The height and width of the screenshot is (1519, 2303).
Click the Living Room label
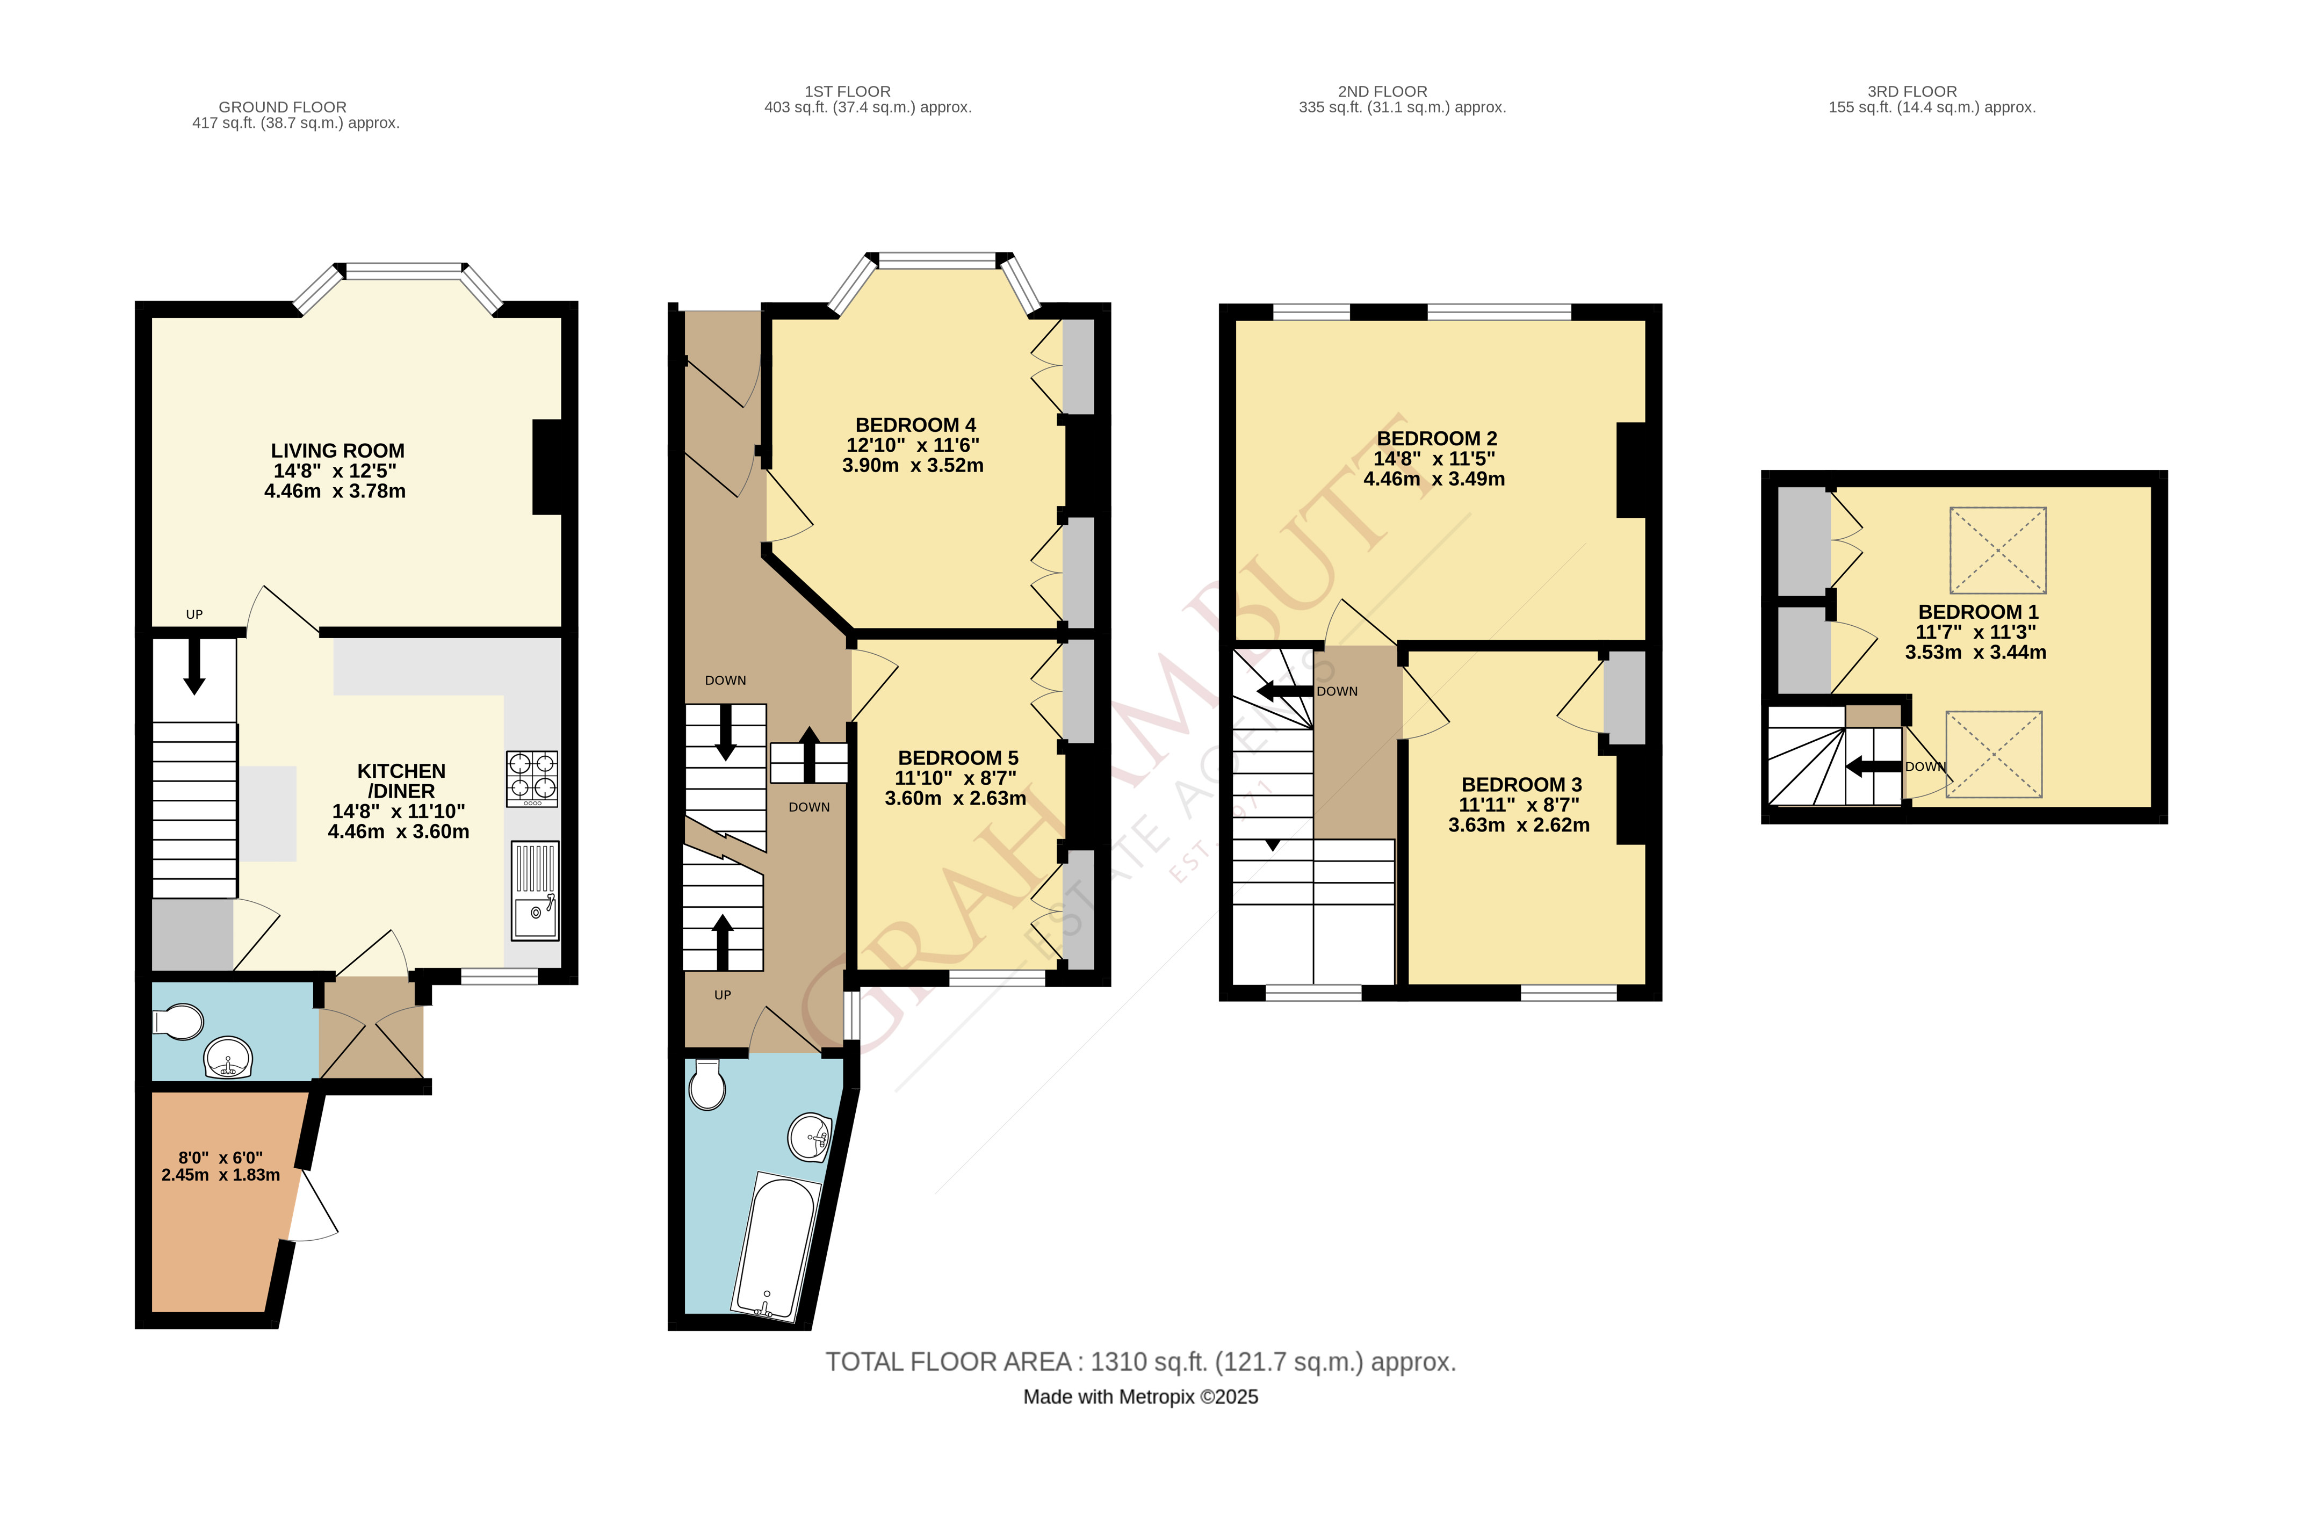click(337, 451)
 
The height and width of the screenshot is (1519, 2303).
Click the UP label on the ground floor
click(194, 614)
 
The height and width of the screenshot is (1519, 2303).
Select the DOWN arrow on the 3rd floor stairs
click(1872, 767)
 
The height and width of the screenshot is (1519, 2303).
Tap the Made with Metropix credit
click(1140, 1397)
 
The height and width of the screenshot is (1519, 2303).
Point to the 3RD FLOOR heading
click(1911, 91)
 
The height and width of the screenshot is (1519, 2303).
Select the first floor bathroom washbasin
click(809, 1137)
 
